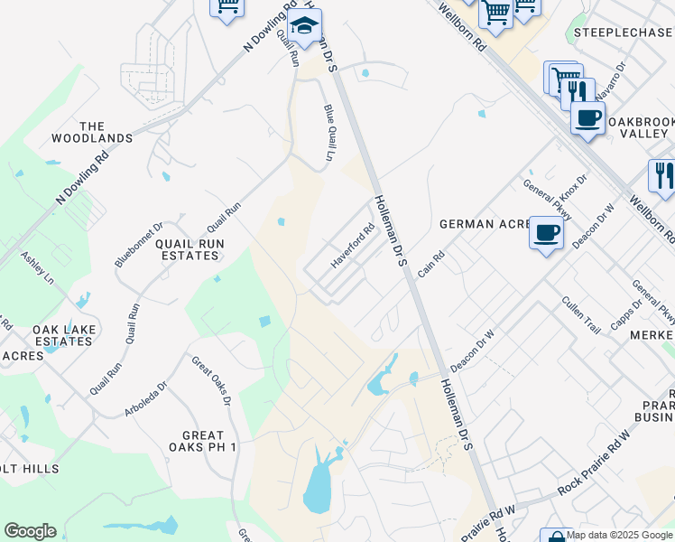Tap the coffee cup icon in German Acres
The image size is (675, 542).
[546, 233]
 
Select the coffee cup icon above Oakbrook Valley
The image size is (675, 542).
[587, 117]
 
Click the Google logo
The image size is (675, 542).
[30, 531]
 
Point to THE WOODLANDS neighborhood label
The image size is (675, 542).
[105, 133]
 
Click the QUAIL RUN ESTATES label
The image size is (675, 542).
[190, 249]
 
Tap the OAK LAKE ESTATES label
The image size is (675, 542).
[63, 335]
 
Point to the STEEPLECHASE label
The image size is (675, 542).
[623, 33]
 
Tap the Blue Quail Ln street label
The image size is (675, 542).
[329, 134]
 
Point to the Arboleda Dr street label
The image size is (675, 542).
[146, 399]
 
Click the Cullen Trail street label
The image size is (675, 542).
[580, 314]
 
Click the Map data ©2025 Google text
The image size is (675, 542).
[620, 535]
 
